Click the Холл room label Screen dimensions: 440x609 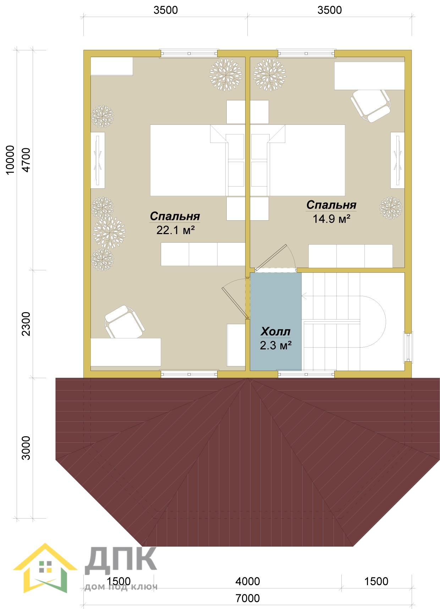pyautogui.click(x=275, y=331)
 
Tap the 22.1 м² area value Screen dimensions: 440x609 pyautogui.click(x=176, y=230)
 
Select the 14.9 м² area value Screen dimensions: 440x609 pyautogui.click(x=331, y=219)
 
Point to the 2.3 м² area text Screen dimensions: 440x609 pyautogui.click(x=276, y=345)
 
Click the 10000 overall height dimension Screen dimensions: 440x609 pyautogui.click(x=10, y=160)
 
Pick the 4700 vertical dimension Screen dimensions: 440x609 pyautogui.click(x=27, y=160)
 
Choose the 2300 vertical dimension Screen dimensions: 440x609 pyautogui.click(x=27, y=324)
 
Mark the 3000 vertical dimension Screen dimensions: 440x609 pyautogui.click(x=27, y=448)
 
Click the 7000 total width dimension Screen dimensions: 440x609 pyautogui.click(x=248, y=598)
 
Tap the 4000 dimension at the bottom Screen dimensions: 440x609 pyautogui.click(x=248, y=581)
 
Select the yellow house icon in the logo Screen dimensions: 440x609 pyautogui.click(x=45, y=568)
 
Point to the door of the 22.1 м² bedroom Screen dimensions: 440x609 pyautogui.click(x=235, y=299)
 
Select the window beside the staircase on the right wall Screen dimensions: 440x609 pyautogui.click(x=408, y=348)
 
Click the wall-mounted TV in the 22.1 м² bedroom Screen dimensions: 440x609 pyautogui.click(x=98, y=160)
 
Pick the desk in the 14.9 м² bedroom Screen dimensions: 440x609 pyautogui.click(x=369, y=76)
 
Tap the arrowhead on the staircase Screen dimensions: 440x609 pyautogui.click(x=303, y=295)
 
